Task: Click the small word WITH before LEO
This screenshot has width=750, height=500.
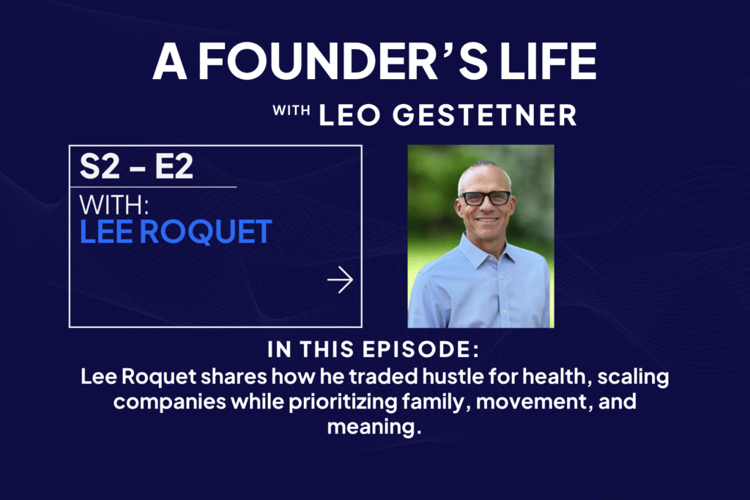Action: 291,111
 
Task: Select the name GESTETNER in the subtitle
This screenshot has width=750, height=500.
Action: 485,115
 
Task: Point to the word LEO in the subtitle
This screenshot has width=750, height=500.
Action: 349,115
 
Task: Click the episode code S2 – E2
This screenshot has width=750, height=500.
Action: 136,166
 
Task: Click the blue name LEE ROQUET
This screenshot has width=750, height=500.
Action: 176,232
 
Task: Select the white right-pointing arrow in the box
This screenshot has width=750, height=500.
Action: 340,280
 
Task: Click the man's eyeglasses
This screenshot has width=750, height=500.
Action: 485,198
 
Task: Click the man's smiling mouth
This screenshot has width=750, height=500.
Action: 487,220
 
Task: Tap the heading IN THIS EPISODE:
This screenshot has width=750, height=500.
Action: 373,349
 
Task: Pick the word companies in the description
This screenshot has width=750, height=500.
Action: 169,402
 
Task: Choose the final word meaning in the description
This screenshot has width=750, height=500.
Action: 374,427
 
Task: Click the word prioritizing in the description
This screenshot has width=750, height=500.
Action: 343,402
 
